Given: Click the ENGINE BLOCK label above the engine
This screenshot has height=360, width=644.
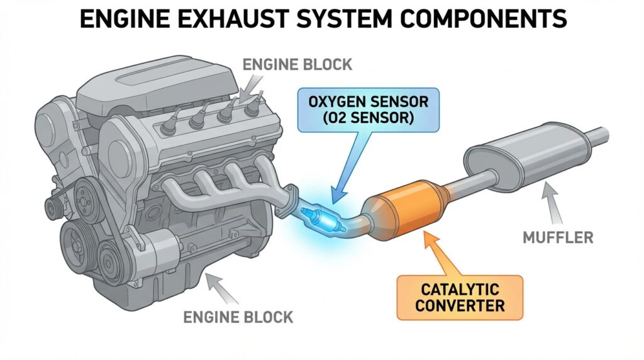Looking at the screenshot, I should coord(297,64).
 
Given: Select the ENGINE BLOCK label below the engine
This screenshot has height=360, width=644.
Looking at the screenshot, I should coord(238,317).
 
